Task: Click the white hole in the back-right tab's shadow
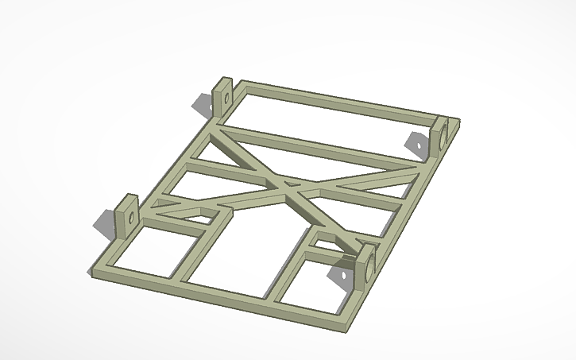tap(414, 144)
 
